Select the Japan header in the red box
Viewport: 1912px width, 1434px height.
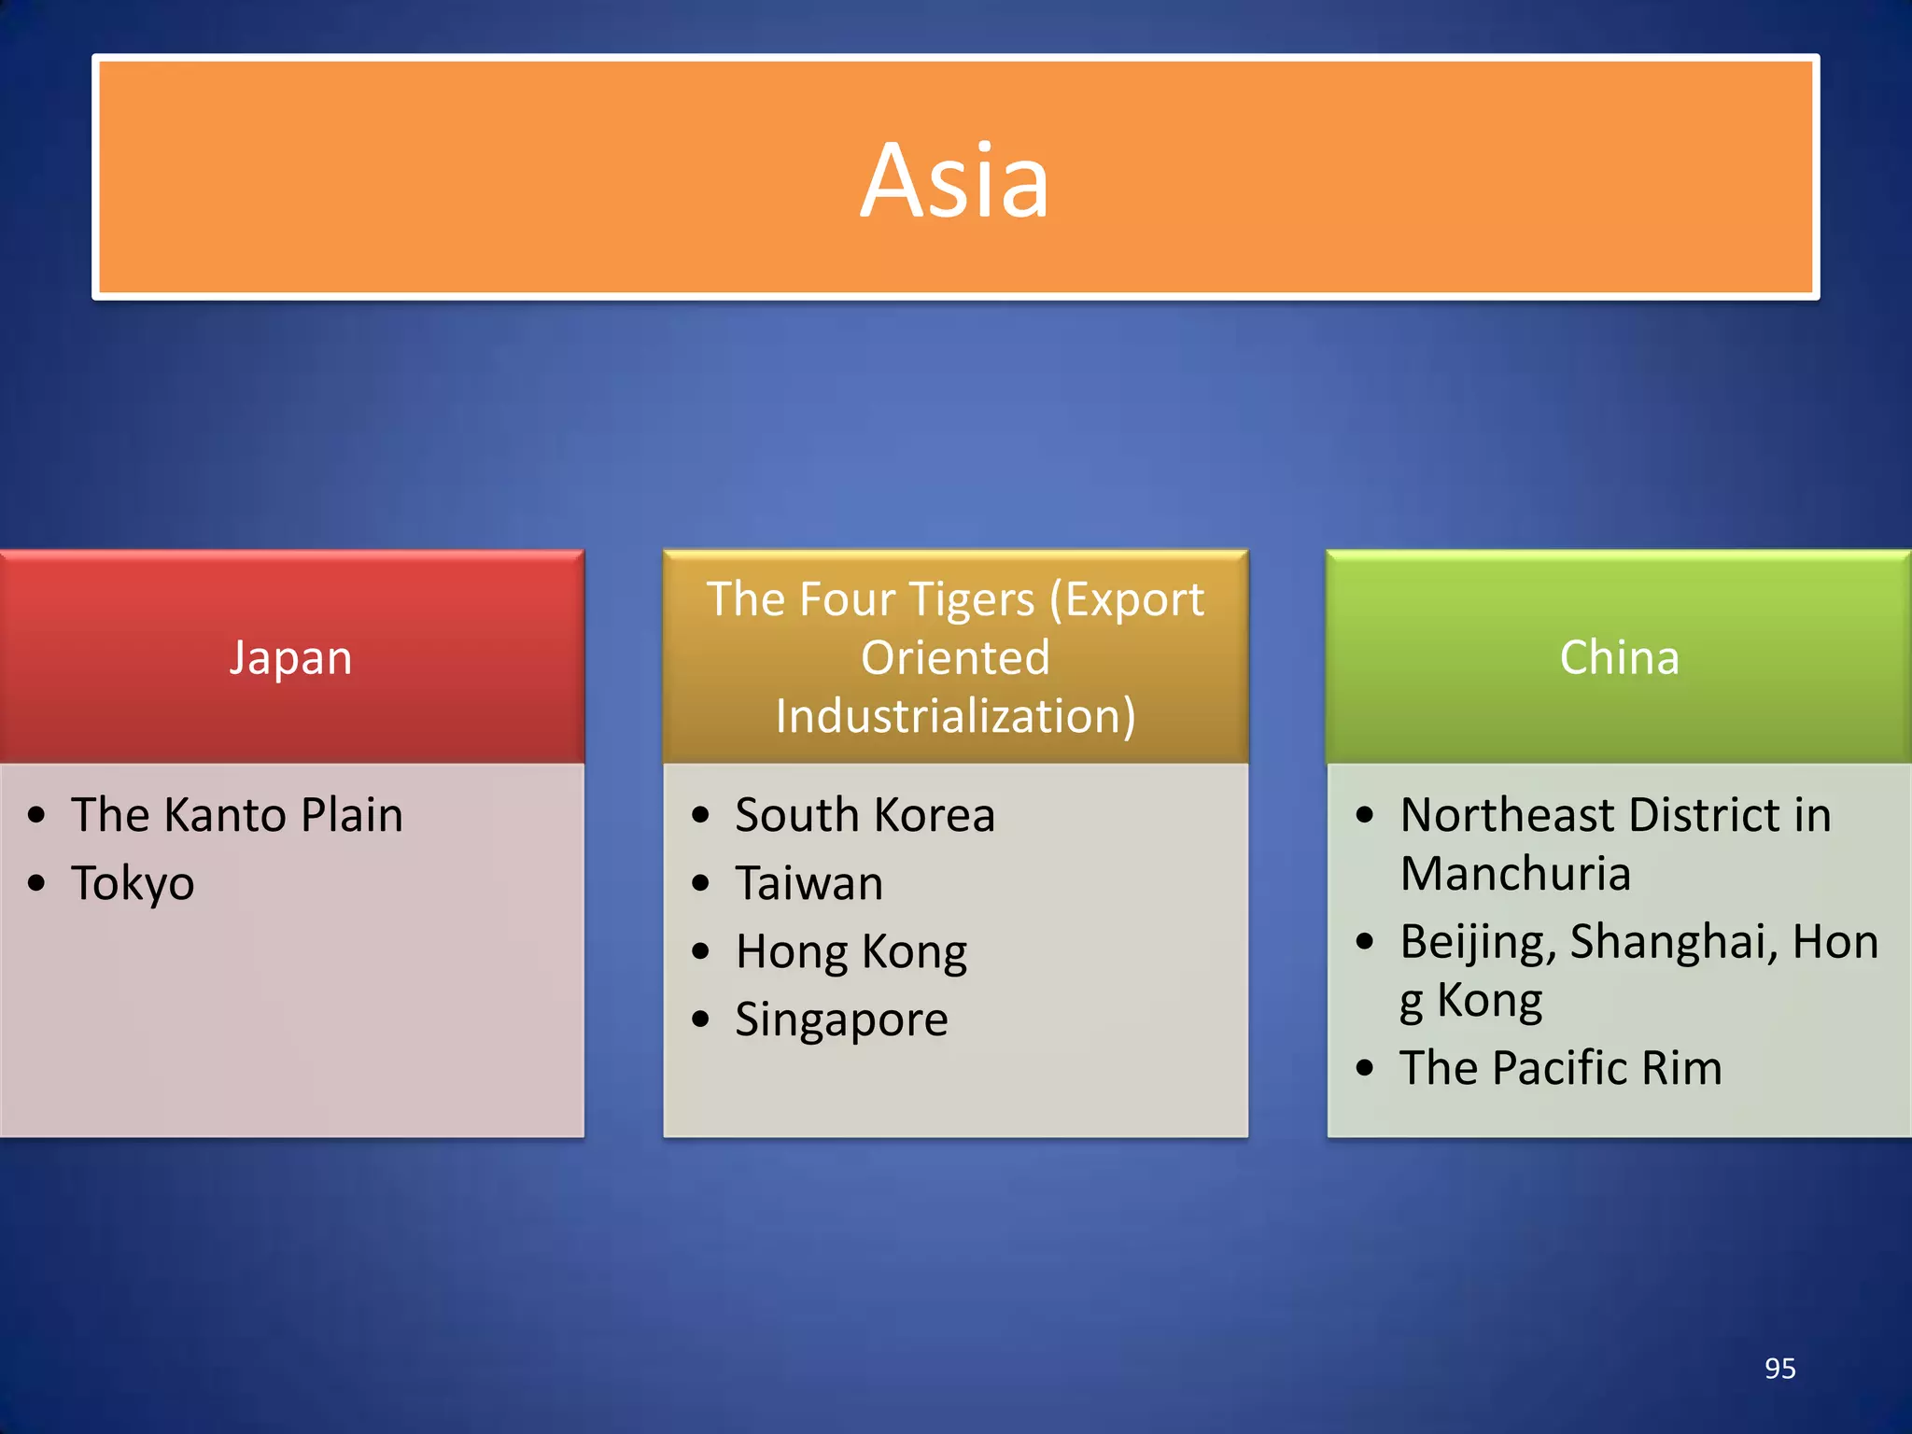(291, 658)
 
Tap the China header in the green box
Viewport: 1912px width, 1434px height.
(1620, 658)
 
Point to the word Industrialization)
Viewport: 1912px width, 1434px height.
(955, 717)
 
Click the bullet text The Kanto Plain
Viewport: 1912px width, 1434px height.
(237, 815)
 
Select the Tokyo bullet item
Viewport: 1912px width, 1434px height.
(133, 883)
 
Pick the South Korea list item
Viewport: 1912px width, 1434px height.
(865, 815)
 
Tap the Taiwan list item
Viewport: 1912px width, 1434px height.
(808, 883)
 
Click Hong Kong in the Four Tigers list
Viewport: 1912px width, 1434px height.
(851, 951)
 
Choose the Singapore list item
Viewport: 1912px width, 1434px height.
(841, 1019)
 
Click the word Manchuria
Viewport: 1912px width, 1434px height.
(1515, 875)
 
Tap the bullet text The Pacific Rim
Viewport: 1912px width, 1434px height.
(1560, 1068)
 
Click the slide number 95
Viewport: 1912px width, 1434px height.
(1779, 1369)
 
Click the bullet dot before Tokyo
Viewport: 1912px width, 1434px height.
(36, 883)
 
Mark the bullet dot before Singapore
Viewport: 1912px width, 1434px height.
(701, 1019)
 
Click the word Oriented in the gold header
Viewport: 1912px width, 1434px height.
(955, 658)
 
